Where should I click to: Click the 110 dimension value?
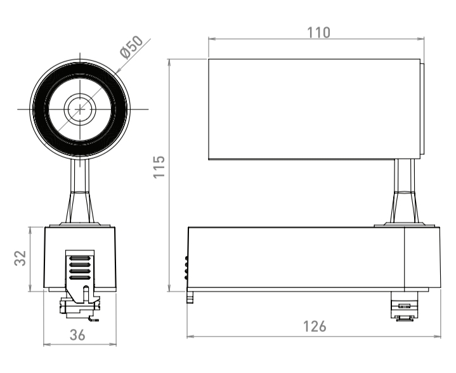pyautogui.click(x=319, y=32)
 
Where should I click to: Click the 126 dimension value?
pyautogui.click(x=315, y=327)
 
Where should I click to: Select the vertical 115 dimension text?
pyautogui.click(x=159, y=167)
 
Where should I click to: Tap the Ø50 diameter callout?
pyautogui.click(x=131, y=47)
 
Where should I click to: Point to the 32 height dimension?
pyautogui.click(x=20, y=258)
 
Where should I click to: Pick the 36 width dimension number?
pyautogui.click(x=77, y=335)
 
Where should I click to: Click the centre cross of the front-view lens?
pyautogui.click(x=80, y=109)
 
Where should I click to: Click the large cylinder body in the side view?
pyautogui.click(x=315, y=109)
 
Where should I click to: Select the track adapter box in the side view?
pyautogui.click(x=314, y=258)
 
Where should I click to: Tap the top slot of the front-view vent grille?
pyautogui.click(x=79, y=258)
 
